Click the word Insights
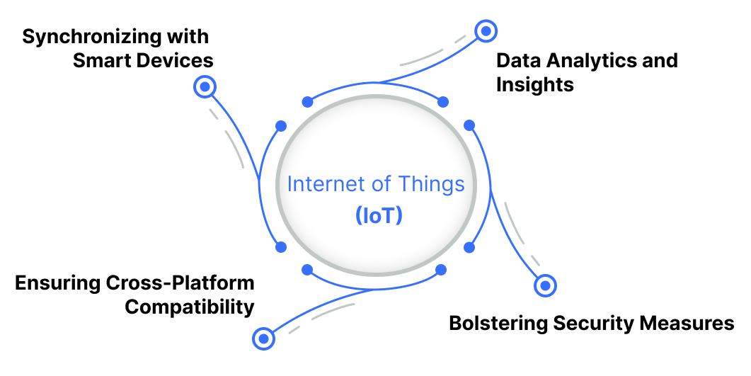tap(534, 85)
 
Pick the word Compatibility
tap(189, 308)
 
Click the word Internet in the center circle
tap(326, 185)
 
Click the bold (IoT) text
tap(379, 216)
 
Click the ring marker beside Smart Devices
tap(205, 87)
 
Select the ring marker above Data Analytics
tap(486, 31)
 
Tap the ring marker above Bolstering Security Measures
tap(545, 285)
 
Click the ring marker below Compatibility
tap(264, 339)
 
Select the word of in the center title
tap(381, 185)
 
